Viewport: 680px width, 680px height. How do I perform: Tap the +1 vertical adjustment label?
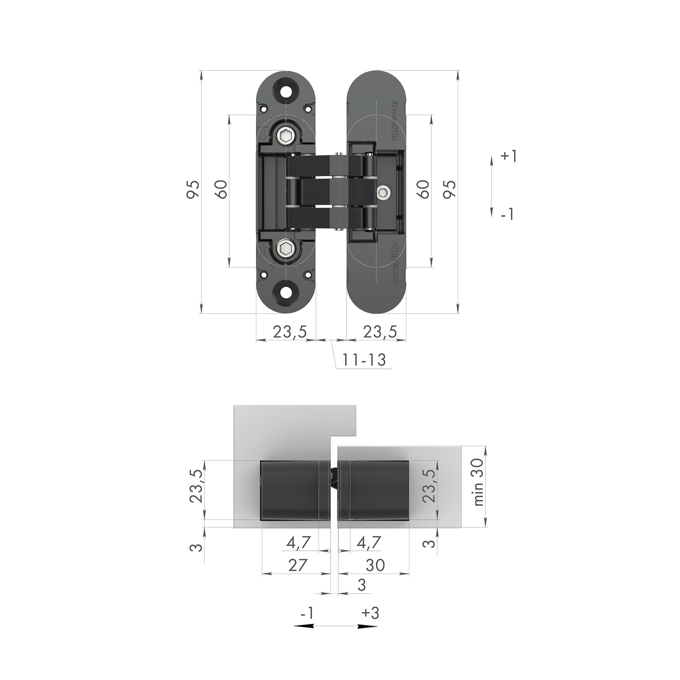[x=508, y=156]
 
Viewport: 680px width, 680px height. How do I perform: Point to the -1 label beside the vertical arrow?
[x=507, y=214]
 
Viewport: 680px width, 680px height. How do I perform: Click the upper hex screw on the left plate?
[x=286, y=136]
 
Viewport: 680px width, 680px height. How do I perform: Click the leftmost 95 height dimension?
[x=193, y=190]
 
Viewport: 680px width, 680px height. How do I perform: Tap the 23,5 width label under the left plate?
[x=290, y=331]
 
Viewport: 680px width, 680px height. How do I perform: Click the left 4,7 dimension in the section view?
[x=299, y=543]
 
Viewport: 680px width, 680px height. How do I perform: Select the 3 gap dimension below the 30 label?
[x=361, y=584]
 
